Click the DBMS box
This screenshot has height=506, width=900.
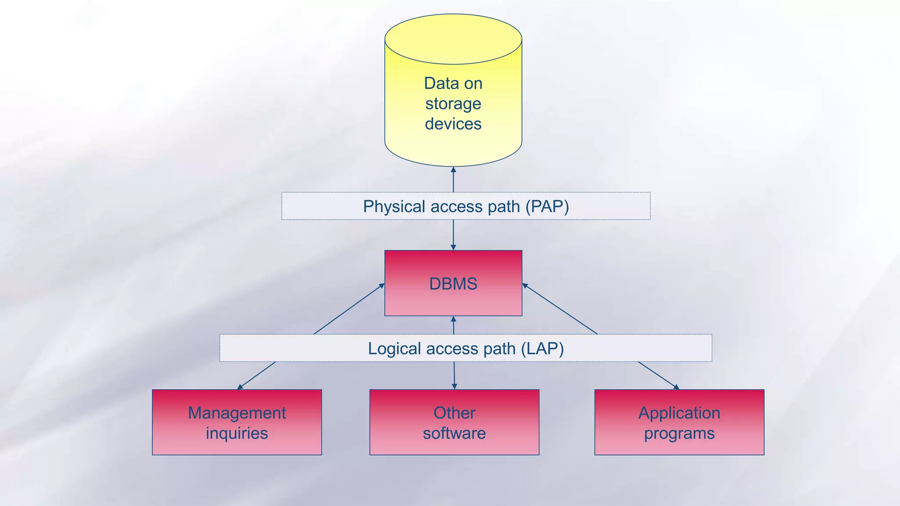[x=453, y=283]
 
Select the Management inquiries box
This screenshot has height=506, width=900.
[x=237, y=422]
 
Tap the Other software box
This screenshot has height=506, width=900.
[x=454, y=422]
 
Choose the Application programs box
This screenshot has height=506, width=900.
[x=679, y=422]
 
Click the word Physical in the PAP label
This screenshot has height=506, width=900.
[x=394, y=206]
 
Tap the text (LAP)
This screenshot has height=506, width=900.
[x=542, y=349]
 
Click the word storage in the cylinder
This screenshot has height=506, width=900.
[x=453, y=104]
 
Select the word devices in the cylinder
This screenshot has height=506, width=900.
[x=453, y=124]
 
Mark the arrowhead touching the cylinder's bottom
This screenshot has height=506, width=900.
[x=453, y=170]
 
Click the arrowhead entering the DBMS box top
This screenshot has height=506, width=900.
[x=453, y=248]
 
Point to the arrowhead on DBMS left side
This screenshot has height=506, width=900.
[x=382, y=286]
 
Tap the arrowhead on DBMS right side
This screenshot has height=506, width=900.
[x=525, y=286]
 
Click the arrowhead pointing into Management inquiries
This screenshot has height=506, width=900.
[x=240, y=387]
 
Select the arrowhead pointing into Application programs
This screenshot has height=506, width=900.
[x=676, y=387]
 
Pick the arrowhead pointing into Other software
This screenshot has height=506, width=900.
[x=454, y=387]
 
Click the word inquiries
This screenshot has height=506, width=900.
[x=237, y=434]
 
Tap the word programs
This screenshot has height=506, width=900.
[x=679, y=434]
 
